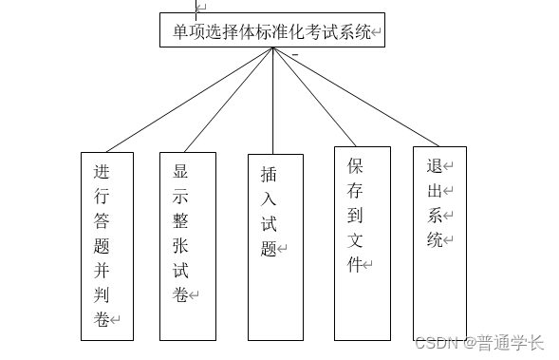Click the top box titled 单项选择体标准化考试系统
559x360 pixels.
pyautogui.click(x=271, y=30)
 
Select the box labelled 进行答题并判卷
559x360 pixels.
pyautogui.click(x=106, y=245)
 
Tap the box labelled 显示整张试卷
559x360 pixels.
pyautogui.click(x=188, y=245)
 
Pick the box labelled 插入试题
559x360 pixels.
pyautogui.click(x=274, y=246)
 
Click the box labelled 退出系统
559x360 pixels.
pyautogui.click(x=438, y=242)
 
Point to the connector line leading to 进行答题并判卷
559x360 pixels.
pyautogui.click(x=190, y=100)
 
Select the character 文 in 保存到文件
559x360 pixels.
pyautogui.click(x=354, y=238)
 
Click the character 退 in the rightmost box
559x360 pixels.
pyautogui.click(x=434, y=165)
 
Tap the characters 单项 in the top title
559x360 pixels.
pyautogui.click(x=189, y=31)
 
